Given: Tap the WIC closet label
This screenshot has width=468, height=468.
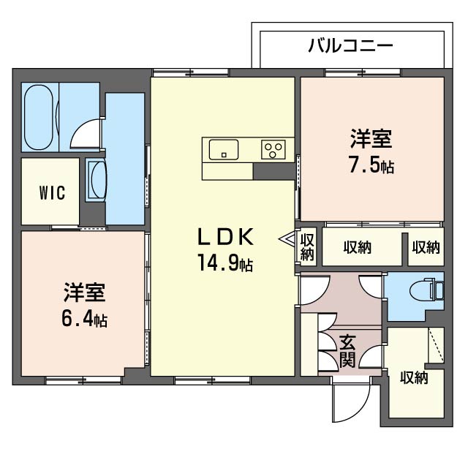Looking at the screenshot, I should coord(52,193).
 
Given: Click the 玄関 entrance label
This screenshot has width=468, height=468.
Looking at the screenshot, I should coord(348,350).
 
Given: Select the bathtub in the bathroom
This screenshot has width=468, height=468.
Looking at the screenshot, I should coord(40,116).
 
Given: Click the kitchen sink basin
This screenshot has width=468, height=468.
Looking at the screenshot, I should coord(224,149).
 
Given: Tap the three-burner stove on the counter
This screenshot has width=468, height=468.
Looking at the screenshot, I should coord(274,150).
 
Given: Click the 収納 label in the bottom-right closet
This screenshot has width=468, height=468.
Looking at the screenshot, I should coord(414,378).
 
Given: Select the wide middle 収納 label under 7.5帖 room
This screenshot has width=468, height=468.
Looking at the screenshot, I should coord(357,247).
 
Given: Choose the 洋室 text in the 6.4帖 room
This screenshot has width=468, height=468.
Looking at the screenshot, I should coord(84,292).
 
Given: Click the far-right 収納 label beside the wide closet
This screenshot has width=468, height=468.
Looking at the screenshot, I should coord(426,247).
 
